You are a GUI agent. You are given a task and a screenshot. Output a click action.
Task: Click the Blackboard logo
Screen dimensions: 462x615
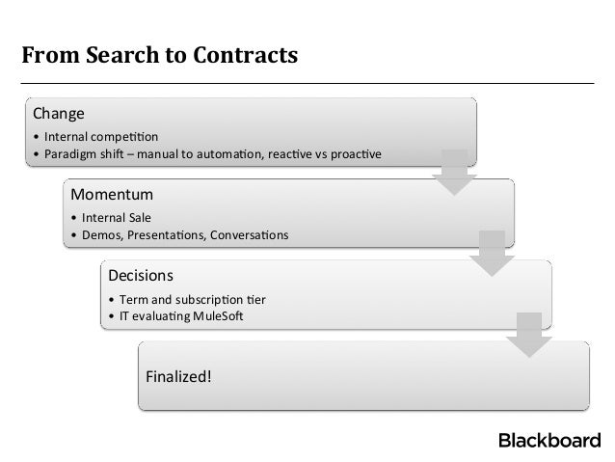tap(548, 442)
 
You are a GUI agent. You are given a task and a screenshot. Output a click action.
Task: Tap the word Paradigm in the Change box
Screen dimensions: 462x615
tap(70, 153)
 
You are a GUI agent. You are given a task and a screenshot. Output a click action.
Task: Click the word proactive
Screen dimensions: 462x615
tap(351, 153)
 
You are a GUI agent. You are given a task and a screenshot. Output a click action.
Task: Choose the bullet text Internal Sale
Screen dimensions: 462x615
tap(117, 217)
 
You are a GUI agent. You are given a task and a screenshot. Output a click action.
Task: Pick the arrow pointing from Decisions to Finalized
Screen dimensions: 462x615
tap(527, 335)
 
